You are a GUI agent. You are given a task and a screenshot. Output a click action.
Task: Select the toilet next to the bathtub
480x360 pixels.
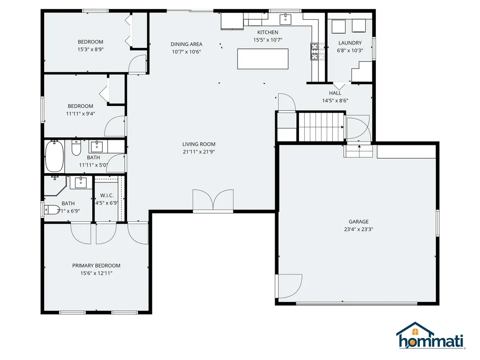[76, 149]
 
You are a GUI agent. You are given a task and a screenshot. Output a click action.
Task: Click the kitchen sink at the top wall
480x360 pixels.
[285, 19]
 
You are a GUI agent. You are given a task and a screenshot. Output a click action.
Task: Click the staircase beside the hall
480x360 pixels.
[321, 127]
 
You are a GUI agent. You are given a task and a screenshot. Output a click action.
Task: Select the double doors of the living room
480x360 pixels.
[213, 201]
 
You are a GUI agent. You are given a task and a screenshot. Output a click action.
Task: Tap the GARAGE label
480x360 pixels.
[358, 222]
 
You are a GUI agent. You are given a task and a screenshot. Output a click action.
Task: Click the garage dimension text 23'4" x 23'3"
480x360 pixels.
[358, 229]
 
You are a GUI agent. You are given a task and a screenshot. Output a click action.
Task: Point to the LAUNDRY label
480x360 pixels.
[350, 43]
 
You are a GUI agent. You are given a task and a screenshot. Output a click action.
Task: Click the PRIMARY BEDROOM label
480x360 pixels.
[96, 265]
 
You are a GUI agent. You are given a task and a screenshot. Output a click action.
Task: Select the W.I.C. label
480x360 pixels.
[107, 195]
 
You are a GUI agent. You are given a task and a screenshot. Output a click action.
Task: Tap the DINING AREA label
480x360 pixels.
[186, 44]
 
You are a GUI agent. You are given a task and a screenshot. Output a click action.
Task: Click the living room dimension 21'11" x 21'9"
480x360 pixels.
[199, 151]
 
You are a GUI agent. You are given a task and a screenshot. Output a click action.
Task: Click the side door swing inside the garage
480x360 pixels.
[289, 285]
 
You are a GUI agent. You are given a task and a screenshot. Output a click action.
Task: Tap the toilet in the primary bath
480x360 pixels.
[52, 209]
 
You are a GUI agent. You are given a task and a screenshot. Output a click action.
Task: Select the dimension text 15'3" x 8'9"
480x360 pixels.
[90, 49]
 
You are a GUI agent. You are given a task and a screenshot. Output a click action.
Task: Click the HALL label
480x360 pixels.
[335, 93]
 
